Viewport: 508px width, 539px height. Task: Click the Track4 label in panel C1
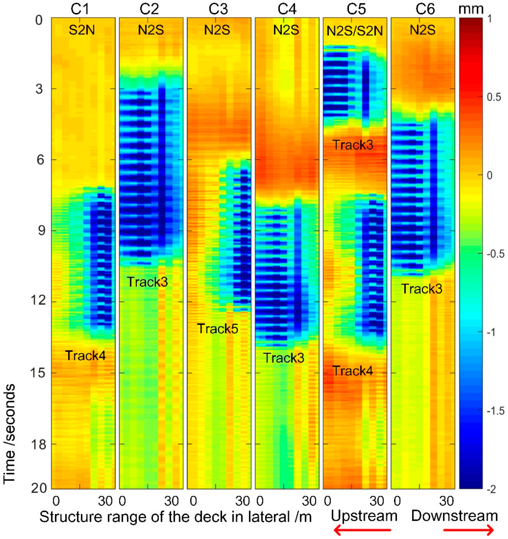(85, 356)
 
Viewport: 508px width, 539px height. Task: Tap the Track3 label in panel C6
(422, 289)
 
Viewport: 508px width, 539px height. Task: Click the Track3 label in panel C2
(147, 282)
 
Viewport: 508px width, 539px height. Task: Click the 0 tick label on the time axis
(39, 20)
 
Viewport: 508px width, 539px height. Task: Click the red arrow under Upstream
(362, 529)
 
